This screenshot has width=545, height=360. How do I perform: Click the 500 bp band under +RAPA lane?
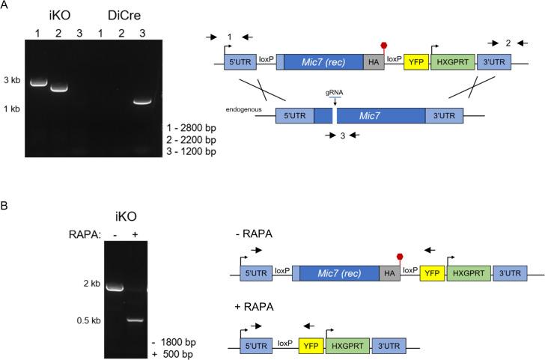134,320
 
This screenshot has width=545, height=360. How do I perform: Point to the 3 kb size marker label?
12,79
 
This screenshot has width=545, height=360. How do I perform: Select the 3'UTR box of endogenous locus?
444,116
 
